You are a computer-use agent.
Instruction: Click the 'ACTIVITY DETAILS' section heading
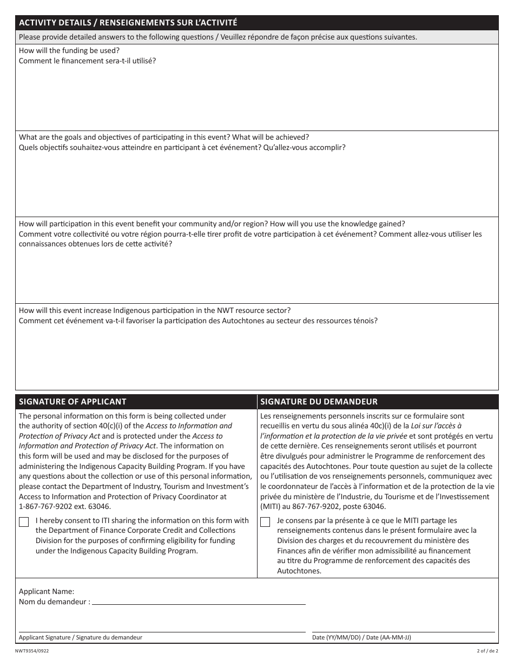[128, 23]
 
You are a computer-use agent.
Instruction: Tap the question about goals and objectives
[164, 138]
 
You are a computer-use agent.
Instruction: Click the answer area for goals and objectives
[257, 184]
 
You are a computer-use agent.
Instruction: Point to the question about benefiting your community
[212, 224]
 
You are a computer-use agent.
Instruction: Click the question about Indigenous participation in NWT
[155, 310]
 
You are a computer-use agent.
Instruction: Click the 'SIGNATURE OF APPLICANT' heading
[73, 402]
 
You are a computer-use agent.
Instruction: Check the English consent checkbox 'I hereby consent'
[24, 522]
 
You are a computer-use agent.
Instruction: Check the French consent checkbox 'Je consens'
[265, 522]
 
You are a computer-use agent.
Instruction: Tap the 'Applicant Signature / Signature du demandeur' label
[81, 637]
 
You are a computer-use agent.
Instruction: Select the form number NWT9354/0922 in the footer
[35, 651]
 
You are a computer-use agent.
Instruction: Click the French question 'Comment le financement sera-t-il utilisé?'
[87, 60]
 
